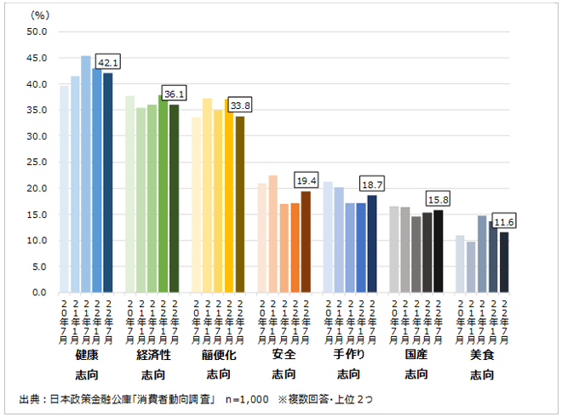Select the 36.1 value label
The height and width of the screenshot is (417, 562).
pos(174,94)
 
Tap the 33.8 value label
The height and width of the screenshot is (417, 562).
pos(240,106)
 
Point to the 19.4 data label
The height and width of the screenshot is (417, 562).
pos(306,181)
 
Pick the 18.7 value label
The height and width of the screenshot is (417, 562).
pos(372,184)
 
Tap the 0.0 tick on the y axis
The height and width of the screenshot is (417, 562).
pos(40,292)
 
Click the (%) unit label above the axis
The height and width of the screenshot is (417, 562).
pos(40,14)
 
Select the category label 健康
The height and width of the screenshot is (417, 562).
pos(86,354)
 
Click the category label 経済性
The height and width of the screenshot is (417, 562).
pos(152,354)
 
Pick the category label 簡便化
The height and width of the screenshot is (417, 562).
pos(218,354)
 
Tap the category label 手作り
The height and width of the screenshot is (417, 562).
pos(349,354)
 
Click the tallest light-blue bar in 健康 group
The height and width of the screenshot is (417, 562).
pos(86,174)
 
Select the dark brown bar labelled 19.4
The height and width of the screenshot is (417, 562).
pos(306,242)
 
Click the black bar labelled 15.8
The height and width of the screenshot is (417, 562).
pos(439,251)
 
